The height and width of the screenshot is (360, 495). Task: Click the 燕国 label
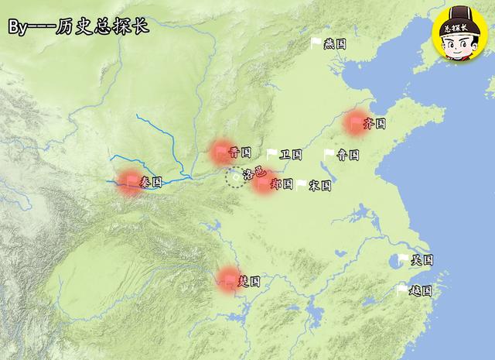(x=336, y=44)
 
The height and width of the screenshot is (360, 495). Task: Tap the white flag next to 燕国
(x=316, y=43)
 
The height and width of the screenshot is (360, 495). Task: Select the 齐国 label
(x=375, y=123)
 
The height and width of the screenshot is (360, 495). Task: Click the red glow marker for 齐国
(x=357, y=122)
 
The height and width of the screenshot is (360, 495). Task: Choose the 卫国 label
(x=291, y=154)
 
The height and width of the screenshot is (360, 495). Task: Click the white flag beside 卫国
(x=271, y=153)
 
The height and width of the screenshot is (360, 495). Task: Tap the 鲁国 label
(x=348, y=155)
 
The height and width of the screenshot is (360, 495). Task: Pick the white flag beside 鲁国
(x=329, y=154)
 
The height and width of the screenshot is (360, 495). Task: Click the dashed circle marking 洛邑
(x=234, y=179)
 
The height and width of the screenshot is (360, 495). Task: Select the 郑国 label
(x=282, y=184)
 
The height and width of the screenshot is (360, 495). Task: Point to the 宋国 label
(x=319, y=186)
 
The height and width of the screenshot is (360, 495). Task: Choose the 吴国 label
(x=422, y=260)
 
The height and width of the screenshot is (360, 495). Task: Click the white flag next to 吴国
(x=402, y=259)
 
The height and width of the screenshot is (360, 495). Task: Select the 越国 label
(x=420, y=291)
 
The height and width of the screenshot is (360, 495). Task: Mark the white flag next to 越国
(x=401, y=290)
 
